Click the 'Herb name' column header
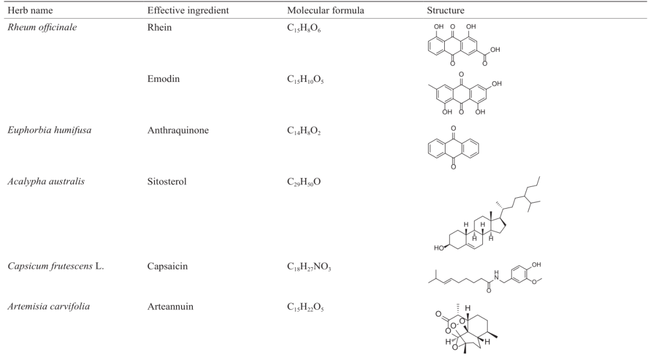click(x=30, y=10)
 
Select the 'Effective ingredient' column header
click(x=188, y=10)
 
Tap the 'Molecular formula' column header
click(x=325, y=10)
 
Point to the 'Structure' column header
click(x=445, y=10)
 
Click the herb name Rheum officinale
click(x=42, y=27)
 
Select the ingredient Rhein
click(x=159, y=27)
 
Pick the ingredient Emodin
click(x=163, y=79)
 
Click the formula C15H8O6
click(x=304, y=28)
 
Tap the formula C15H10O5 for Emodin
click(x=305, y=80)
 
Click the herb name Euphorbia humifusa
click(x=49, y=130)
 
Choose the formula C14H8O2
click(x=304, y=131)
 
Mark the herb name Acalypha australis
click(x=46, y=182)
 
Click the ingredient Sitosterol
click(x=167, y=182)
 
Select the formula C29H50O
click(x=304, y=183)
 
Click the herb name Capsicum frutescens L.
click(x=55, y=266)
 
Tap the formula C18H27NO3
click(x=309, y=267)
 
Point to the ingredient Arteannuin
click(x=170, y=307)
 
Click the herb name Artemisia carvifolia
click(x=49, y=307)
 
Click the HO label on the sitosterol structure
click(x=439, y=248)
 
